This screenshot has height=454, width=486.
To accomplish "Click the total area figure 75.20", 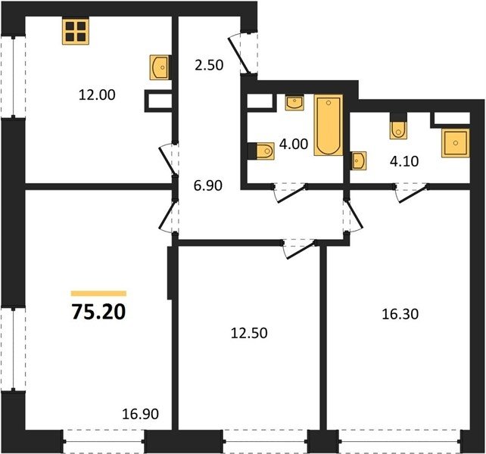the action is tap(98, 312).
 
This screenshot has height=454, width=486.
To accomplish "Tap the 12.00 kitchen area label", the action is tap(97, 95).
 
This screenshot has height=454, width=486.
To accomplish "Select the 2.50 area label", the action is tap(209, 65).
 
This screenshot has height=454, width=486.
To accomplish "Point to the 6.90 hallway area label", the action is tap(208, 185).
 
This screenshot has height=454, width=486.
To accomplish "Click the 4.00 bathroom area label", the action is tap(294, 144).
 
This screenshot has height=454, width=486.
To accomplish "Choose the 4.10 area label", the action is tap(404, 161).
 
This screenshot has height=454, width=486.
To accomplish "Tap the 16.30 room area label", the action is tap(400, 314).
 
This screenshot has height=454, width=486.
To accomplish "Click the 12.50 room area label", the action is tap(249, 333).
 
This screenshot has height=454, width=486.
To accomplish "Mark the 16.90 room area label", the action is tap(140, 414).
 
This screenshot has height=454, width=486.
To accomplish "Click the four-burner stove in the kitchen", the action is tap(76, 32).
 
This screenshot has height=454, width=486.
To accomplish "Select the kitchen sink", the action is tap(159, 67).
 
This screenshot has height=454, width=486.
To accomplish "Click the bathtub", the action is tap(329, 125).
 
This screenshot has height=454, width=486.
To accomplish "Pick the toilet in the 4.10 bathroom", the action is tap(398, 127).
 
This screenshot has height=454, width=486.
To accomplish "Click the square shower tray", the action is tap(456, 143).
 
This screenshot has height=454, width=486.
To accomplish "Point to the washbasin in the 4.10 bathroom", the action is tap(358, 160).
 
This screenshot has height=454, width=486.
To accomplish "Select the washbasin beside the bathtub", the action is tap(294, 102).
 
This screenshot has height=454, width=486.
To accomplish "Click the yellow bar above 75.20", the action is tap(98, 294).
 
